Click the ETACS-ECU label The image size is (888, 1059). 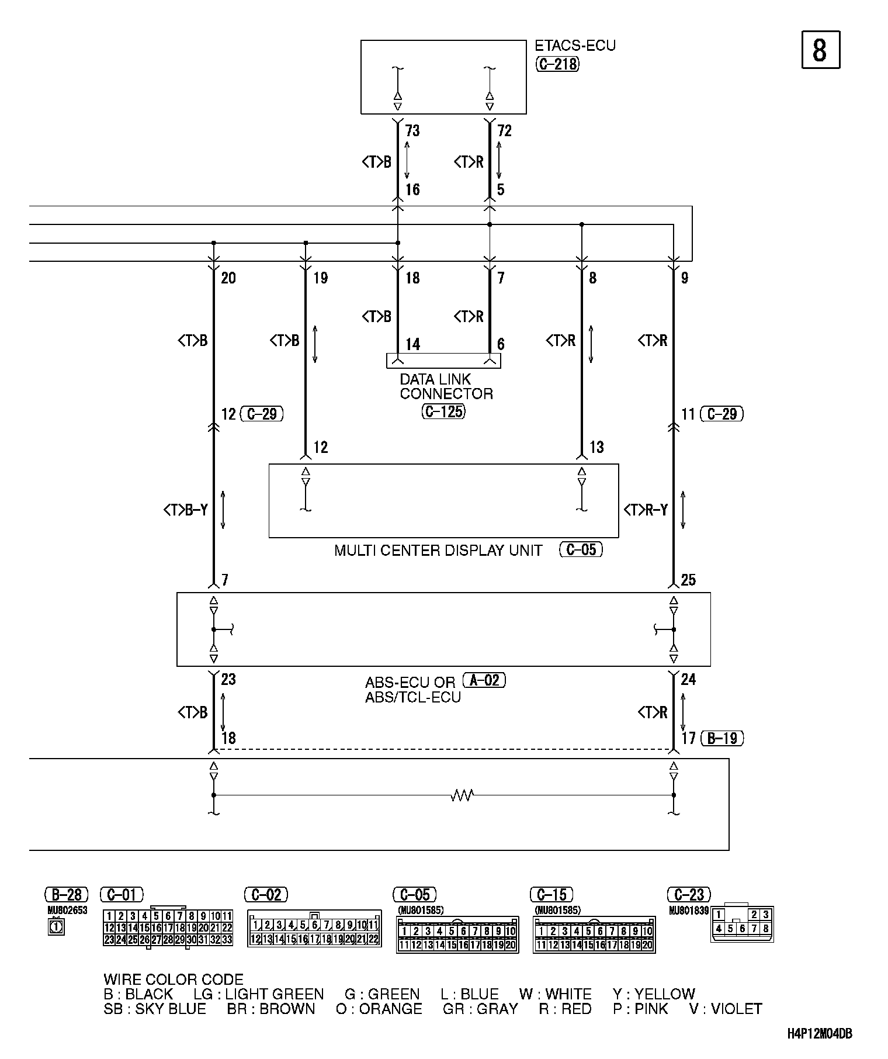[575, 46]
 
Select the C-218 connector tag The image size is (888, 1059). [557, 64]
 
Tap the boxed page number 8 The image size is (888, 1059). [820, 50]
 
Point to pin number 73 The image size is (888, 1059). [412, 131]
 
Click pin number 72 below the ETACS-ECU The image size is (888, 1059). [504, 131]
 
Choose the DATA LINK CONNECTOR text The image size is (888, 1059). [446, 386]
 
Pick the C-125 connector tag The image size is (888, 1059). [444, 411]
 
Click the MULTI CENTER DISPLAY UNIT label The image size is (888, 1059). [438, 551]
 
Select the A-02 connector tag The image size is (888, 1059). [484, 680]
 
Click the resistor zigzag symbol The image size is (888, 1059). [462, 795]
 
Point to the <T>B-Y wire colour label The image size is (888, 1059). [186, 510]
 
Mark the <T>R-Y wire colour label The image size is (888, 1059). [646, 510]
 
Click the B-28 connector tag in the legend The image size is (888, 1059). [67, 894]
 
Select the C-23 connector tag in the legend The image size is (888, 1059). [689, 894]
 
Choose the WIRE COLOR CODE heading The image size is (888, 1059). [174, 980]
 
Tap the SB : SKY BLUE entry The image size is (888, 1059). [155, 1009]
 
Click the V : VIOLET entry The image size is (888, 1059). [726, 1009]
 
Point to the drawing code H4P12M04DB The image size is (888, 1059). [819, 1033]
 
